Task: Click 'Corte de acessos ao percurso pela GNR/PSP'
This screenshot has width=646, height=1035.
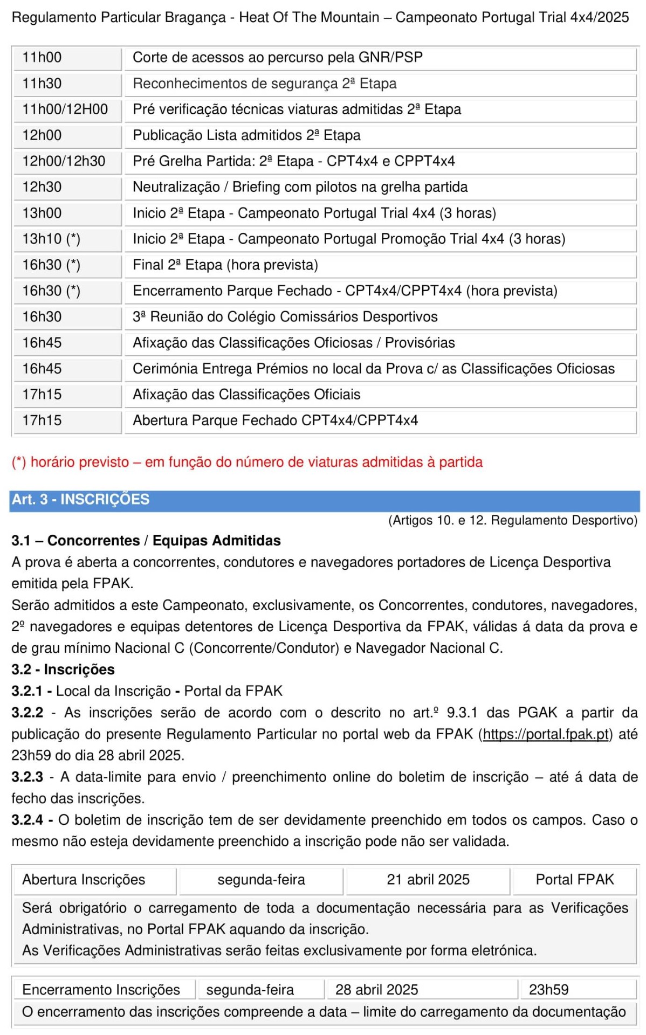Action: click(278, 57)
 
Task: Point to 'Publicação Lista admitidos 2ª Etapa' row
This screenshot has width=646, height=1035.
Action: click(246, 135)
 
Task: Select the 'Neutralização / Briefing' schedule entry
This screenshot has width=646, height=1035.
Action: click(300, 187)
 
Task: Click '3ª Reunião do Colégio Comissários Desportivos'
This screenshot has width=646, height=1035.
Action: click(285, 316)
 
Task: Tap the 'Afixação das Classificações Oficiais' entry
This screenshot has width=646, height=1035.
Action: click(246, 394)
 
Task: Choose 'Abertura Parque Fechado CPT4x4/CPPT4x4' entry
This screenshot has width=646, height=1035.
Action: click(275, 420)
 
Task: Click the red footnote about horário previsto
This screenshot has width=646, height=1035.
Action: click(247, 462)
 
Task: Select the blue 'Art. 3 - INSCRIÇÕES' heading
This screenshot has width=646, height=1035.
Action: click(81, 499)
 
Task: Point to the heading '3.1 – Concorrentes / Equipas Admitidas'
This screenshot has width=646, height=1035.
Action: click(146, 540)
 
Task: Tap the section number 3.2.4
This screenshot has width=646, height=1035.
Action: click(27, 820)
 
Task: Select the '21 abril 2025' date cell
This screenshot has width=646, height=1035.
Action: click(428, 880)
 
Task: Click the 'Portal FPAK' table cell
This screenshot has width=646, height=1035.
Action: click(575, 880)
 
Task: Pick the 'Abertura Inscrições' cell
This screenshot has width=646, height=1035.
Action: click(84, 880)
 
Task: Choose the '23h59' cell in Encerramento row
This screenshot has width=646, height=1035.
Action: click(548, 990)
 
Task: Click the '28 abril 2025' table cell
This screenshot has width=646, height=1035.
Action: click(376, 990)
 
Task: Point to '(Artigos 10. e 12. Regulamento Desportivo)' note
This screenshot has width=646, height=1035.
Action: click(512, 520)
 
